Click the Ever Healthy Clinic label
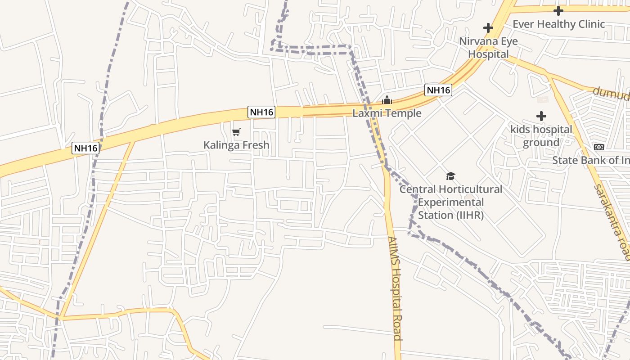[558, 24]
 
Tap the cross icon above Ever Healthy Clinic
[558, 11]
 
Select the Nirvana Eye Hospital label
[488, 48]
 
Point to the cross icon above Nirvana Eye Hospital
[488, 28]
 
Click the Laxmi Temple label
[387, 113]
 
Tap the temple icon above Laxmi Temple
[387, 100]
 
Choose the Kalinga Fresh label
[236, 145]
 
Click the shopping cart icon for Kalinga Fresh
[236, 132]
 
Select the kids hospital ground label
[541, 136]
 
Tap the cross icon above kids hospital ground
[541, 116]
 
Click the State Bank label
[590, 160]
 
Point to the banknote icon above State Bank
[599, 147]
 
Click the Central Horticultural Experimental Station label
[451, 202]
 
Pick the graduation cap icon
[451, 176]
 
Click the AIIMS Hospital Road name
[395, 288]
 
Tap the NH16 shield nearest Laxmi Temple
[438, 90]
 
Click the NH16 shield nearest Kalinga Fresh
[261, 112]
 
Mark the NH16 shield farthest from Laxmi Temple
[85, 148]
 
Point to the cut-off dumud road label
[611, 94]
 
